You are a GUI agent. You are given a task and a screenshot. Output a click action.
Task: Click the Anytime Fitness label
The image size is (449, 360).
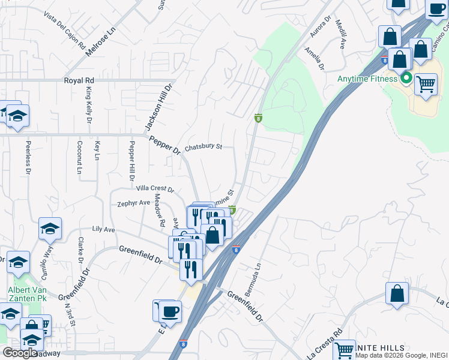point(367,79)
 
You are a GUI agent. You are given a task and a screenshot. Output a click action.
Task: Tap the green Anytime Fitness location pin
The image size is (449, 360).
point(406,78)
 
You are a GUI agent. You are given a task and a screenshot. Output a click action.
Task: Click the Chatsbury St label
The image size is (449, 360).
point(203,146)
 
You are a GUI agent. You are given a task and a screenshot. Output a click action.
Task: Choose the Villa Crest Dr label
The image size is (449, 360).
point(155,188)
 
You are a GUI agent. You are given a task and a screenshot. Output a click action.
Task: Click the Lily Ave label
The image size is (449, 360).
point(103,230)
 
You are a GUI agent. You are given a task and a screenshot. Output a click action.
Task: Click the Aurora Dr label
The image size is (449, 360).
point(321,29)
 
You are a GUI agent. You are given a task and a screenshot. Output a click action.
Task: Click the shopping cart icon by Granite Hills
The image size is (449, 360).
point(345,350)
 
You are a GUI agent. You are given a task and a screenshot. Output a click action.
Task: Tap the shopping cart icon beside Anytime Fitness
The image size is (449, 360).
point(426,84)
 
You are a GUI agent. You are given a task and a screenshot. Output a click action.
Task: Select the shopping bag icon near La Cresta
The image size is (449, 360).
point(397,294)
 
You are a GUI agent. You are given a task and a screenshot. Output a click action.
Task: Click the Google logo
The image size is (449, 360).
point(19,353)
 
